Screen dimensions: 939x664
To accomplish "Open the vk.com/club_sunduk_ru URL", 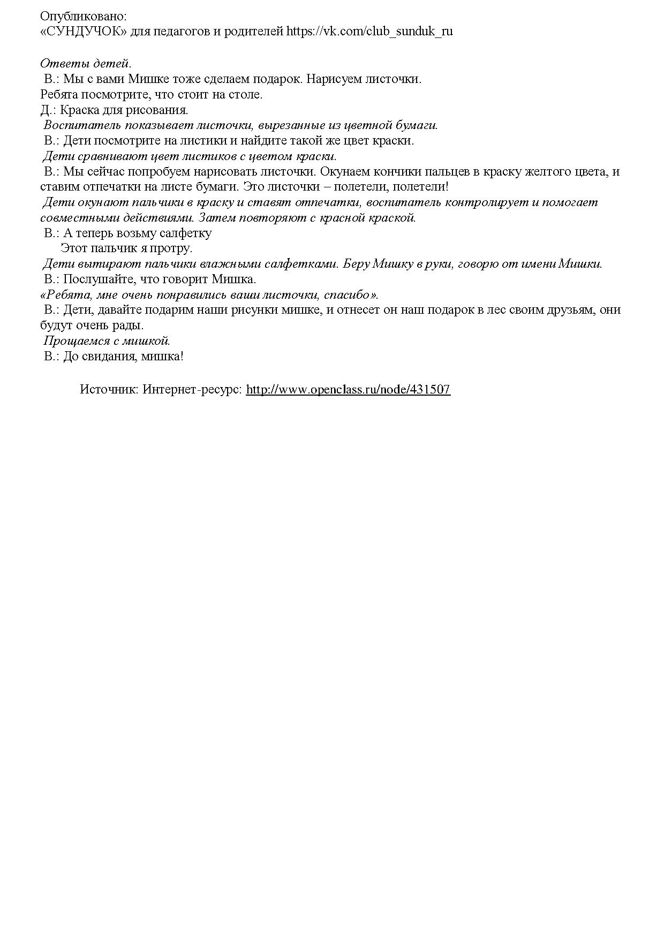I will (369, 32).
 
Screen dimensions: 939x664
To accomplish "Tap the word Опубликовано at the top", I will (83, 17).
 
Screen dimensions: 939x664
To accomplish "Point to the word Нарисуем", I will (334, 79).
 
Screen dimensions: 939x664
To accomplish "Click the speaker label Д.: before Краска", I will (48, 110).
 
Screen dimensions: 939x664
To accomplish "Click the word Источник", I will (109, 390).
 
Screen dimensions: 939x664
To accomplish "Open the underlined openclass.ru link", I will (348, 390).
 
